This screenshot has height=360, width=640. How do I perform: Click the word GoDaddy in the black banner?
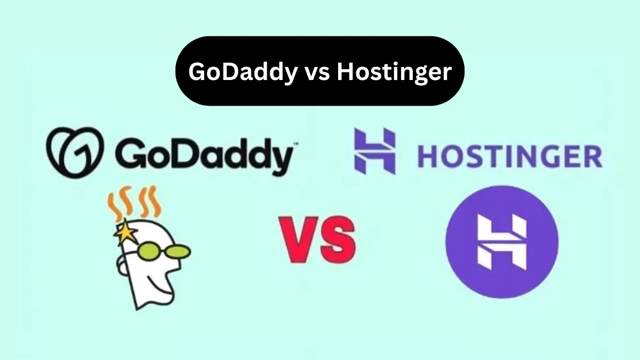point(239,72)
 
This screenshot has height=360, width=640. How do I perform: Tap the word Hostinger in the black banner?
point(394,72)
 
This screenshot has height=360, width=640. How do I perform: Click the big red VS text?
point(318,240)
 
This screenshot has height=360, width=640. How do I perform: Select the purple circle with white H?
point(501,242)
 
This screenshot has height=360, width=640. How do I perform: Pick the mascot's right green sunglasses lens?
point(177,250)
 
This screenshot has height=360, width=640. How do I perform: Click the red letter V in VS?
point(299,240)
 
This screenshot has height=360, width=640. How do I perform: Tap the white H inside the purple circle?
point(501,242)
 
